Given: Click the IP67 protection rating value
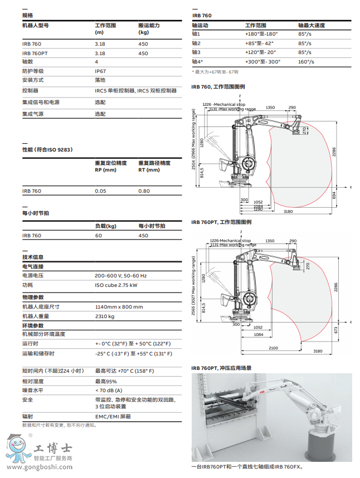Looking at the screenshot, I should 100,71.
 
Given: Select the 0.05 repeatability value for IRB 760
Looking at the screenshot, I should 100,191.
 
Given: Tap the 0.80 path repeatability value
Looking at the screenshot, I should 144,191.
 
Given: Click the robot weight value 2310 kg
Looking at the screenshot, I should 105,316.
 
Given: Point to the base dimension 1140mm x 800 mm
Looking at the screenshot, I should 119,307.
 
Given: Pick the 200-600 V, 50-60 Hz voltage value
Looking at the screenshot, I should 120,276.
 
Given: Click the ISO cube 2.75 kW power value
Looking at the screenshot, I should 116,285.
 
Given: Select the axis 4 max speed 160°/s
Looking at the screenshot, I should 306,61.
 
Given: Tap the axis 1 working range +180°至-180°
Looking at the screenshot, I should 261,34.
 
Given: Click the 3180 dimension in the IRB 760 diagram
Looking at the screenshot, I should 288,212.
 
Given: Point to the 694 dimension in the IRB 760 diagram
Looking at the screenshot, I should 334,196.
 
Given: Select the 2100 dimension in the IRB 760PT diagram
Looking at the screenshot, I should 273,348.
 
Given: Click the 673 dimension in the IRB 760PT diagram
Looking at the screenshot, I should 335,330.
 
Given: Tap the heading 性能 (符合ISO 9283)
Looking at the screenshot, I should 47,150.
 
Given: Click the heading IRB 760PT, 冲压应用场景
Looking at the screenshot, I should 221,368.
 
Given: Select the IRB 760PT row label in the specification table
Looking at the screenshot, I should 35,53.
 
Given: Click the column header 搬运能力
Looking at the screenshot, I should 149,26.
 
